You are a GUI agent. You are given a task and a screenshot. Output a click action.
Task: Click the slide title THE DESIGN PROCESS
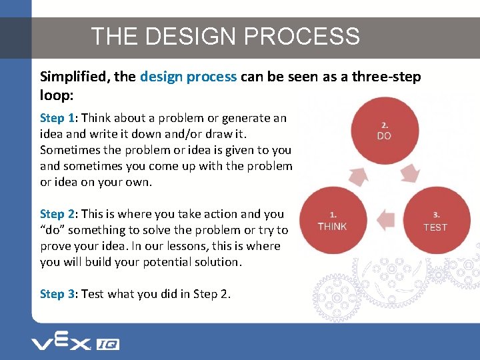(x=225, y=36)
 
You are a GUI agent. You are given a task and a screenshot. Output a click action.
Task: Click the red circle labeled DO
(x=385, y=130)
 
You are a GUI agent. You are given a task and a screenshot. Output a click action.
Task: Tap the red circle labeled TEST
(x=435, y=221)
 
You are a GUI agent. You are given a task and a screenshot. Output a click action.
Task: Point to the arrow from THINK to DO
(x=359, y=175)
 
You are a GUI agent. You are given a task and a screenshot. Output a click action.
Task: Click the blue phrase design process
(x=188, y=77)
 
